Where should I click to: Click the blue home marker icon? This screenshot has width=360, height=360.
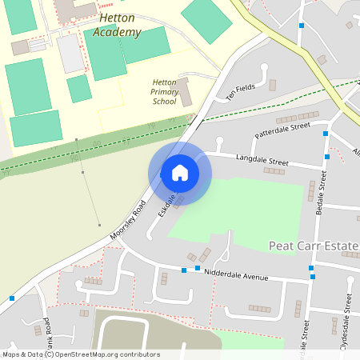tap(179, 172)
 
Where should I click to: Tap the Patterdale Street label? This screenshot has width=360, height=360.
tap(281, 128)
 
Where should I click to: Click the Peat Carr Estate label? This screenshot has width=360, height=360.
tap(313, 246)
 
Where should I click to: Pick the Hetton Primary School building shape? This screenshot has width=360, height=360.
tap(185, 90)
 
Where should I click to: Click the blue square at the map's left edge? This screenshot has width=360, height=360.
tap(12, 298)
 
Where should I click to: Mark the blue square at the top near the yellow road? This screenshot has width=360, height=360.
tap(301, 26)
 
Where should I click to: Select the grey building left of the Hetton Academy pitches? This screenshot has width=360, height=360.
tap(70, 53)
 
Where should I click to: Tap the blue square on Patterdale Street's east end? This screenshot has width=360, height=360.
tap(326, 134)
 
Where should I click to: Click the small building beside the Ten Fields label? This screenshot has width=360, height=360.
tap(272, 85)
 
